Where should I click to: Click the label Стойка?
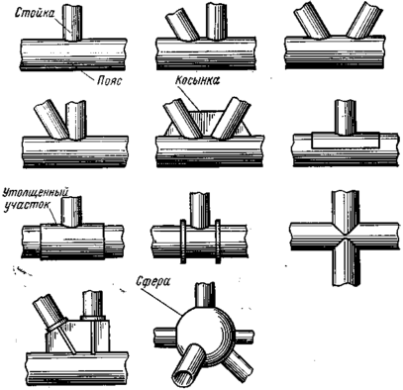pyautogui.click(x=35, y=14)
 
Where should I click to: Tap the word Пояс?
pyautogui.click(x=109, y=80)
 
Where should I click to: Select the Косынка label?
pyautogui.click(x=198, y=80)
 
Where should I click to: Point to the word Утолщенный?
pyautogui.click(x=36, y=193)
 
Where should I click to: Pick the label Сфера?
pyautogui.click(x=153, y=283)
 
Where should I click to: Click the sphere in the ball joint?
pyautogui.click(x=205, y=335)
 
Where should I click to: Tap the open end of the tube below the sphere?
pyautogui.click(x=183, y=375)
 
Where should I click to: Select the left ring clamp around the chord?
pyautogui.click(x=183, y=242)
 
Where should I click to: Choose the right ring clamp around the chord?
pyautogui.click(x=218, y=242)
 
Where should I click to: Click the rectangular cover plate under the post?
pyautogui.click(x=346, y=140)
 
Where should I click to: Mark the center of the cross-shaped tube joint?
pyautogui.click(x=345, y=236)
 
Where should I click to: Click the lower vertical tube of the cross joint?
pyautogui.click(x=346, y=263)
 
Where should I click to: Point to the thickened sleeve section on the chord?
pyautogui.click(x=72, y=241)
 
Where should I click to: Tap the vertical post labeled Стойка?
pyautogui.click(x=73, y=23)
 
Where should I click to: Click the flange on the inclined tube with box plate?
pyautogui.click(x=57, y=326)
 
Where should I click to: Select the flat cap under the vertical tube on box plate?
pyautogui.click(x=93, y=318)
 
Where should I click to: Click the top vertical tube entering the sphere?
pyautogui.click(x=205, y=294)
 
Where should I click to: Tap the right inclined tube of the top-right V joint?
pyautogui.click(x=364, y=20)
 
